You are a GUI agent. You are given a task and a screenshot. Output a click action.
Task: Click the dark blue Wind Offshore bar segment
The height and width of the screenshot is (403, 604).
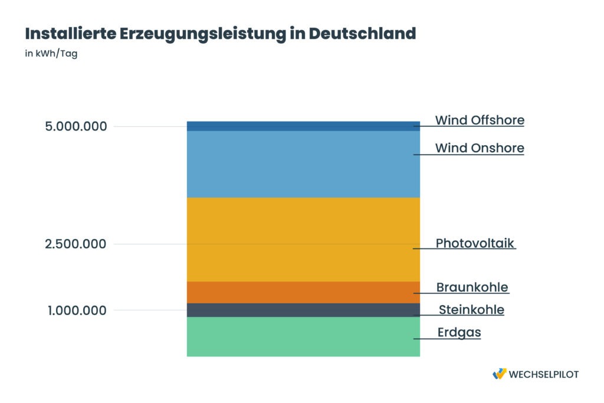coord(303,126)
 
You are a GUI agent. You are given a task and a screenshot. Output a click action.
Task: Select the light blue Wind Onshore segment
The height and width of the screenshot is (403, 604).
coord(303,164)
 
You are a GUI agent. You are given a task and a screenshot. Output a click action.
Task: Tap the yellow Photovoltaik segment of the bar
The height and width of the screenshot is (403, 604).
coord(303,239)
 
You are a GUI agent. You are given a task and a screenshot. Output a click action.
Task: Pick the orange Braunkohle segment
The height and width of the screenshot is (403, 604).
coord(303,292)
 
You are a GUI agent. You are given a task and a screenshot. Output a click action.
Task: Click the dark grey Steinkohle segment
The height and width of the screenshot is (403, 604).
coord(303,310)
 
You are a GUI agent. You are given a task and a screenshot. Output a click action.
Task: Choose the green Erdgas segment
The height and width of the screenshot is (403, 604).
coord(303,336)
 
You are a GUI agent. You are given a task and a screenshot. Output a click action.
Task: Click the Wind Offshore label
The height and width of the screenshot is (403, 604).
coord(480,120)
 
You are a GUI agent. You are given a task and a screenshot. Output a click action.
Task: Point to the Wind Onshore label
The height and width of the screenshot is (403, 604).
coord(480,148)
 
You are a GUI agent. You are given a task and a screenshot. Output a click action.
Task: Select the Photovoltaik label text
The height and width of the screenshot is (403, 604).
coord(475,243)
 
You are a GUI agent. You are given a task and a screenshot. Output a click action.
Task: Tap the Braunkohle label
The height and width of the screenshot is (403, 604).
coord(472,287)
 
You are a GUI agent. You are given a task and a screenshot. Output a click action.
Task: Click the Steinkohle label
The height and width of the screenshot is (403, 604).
coord(471,310)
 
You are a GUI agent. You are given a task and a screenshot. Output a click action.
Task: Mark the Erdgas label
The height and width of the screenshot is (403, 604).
coord(459,332)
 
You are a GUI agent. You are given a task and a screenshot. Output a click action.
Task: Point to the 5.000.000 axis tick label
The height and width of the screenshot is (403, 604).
coord(76,126)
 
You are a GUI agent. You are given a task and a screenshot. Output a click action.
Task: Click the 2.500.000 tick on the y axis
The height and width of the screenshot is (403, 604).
coord(76,244)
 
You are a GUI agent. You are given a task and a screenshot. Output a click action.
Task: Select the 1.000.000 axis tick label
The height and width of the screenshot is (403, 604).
coord(77,310)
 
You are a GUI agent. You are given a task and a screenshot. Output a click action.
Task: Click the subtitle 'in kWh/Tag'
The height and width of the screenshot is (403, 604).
coord(51,54)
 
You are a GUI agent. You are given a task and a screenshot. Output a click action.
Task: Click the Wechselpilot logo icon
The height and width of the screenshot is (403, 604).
coord(499,373)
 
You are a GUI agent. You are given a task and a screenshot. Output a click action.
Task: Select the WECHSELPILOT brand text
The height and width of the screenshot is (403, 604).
coord(543,374)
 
